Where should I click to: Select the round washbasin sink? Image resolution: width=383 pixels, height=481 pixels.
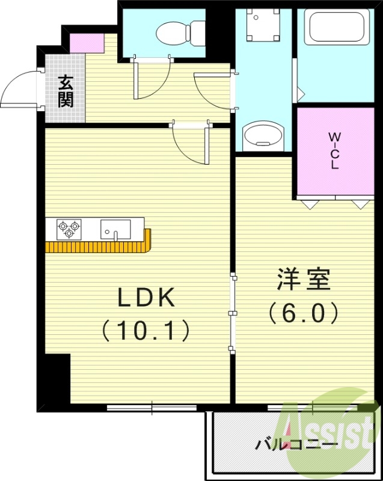point(262,135)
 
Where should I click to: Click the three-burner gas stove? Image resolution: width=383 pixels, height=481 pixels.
point(67,229)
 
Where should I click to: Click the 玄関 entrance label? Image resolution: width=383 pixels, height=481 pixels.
point(66,91)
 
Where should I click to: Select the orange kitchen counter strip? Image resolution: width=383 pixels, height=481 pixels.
point(99,247)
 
